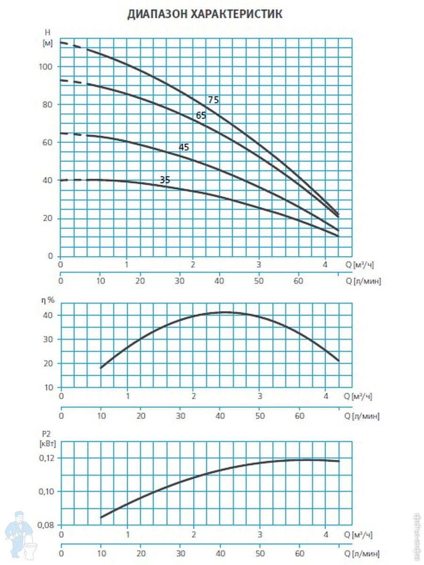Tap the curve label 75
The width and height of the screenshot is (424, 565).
click(x=213, y=100)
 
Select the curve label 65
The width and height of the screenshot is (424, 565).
click(x=201, y=115)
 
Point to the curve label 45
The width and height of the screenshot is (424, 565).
click(x=184, y=147)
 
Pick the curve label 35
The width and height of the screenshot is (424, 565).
click(x=165, y=180)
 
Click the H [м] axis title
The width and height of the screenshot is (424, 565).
click(x=47, y=38)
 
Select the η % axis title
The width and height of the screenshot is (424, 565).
click(x=48, y=299)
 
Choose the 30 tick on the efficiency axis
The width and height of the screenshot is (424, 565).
click(x=49, y=339)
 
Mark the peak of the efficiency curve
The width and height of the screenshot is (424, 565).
click(x=225, y=312)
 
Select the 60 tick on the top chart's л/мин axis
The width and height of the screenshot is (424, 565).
click(x=298, y=281)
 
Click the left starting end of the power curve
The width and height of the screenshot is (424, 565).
click(x=101, y=517)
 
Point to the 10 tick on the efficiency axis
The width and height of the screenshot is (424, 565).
click(x=49, y=387)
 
